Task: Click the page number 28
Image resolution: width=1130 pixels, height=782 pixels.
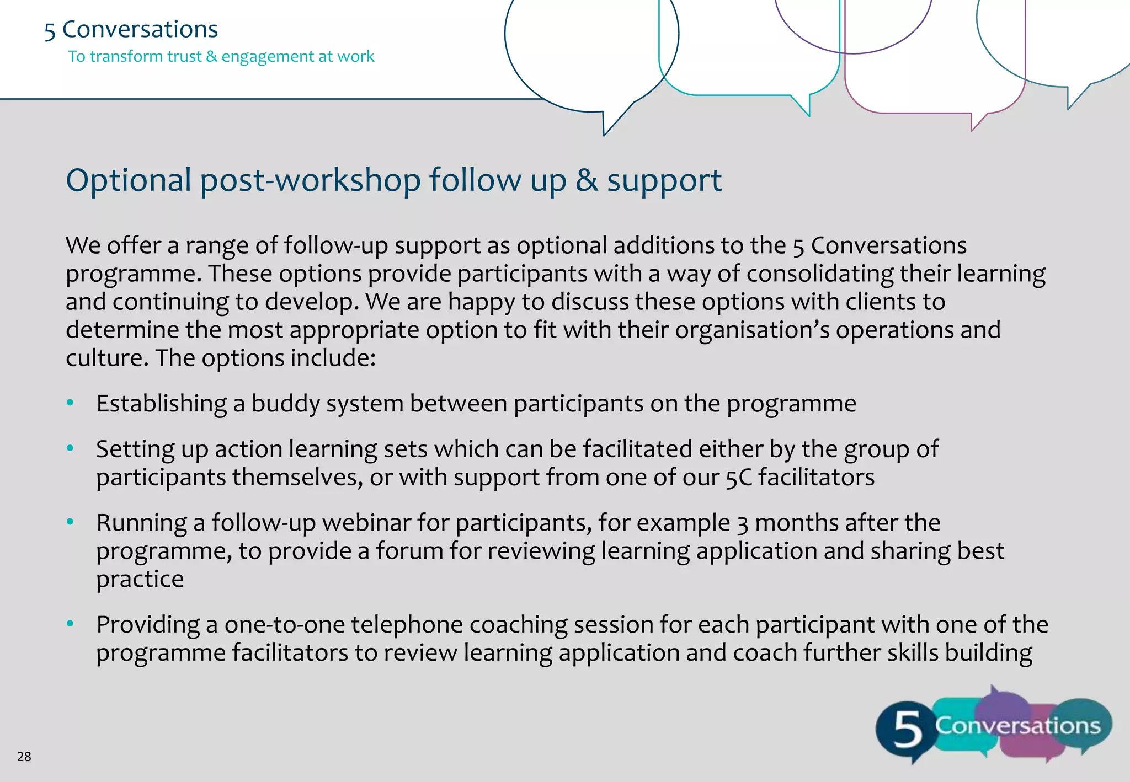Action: pyautogui.click(x=24, y=756)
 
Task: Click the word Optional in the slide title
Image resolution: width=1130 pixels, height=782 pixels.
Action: pyautogui.click(x=128, y=180)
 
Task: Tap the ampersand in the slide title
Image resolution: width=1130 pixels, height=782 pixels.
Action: pyautogui.click(x=587, y=180)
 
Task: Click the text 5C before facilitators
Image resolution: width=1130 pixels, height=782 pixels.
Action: pyautogui.click(x=738, y=478)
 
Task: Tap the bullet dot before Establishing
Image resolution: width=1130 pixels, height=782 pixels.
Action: pyautogui.click(x=70, y=403)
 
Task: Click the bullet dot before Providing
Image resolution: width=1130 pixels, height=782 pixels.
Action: pyautogui.click(x=70, y=624)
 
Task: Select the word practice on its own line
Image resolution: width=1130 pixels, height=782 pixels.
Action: pyautogui.click(x=140, y=580)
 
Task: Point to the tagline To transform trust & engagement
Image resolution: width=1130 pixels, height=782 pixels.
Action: pyautogui.click(x=221, y=56)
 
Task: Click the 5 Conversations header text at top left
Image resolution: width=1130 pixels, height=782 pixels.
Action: pyautogui.click(x=131, y=29)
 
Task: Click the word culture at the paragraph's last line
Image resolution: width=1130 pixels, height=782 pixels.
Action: pyautogui.click(x=104, y=358)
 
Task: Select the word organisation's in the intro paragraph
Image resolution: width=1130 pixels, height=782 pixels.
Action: pyautogui.click(x=751, y=330)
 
